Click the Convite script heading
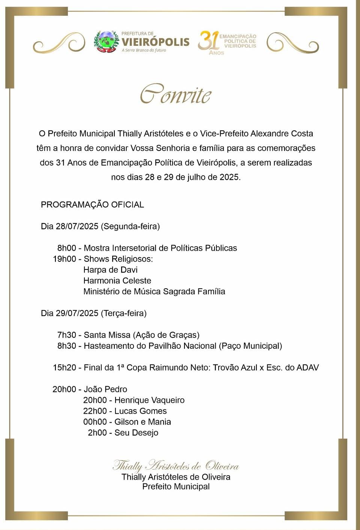coord(175,94)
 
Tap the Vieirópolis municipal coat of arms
coord(106,41)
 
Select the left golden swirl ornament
coord(59,42)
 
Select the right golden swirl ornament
coord(292,42)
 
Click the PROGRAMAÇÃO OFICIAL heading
coord(92,205)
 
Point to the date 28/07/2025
coord(77,226)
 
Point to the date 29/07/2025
coord(77,313)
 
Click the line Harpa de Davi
coord(110,270)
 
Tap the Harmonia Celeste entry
coord(117,280)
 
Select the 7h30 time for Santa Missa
coord(66,335)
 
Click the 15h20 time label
coord(64,367)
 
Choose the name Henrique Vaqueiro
coord(149,400)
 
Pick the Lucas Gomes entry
coord(140,411)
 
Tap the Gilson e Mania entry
coord(142,422)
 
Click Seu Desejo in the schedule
coord(136,433)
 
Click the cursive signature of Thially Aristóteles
coord(175,466)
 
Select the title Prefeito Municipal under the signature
coord(176,486)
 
